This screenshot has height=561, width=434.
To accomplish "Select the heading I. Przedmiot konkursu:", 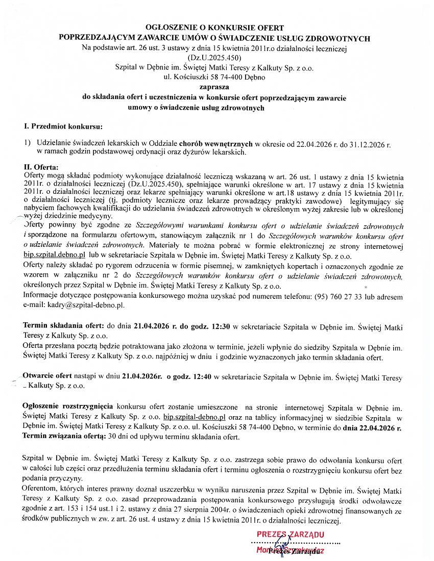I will [x=63, y=125].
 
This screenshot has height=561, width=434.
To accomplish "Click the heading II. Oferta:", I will [x=41, y=167].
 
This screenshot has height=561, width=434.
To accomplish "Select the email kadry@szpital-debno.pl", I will [x=73, y=305].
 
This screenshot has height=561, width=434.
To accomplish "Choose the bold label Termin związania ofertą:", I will [x=64, y=437].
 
